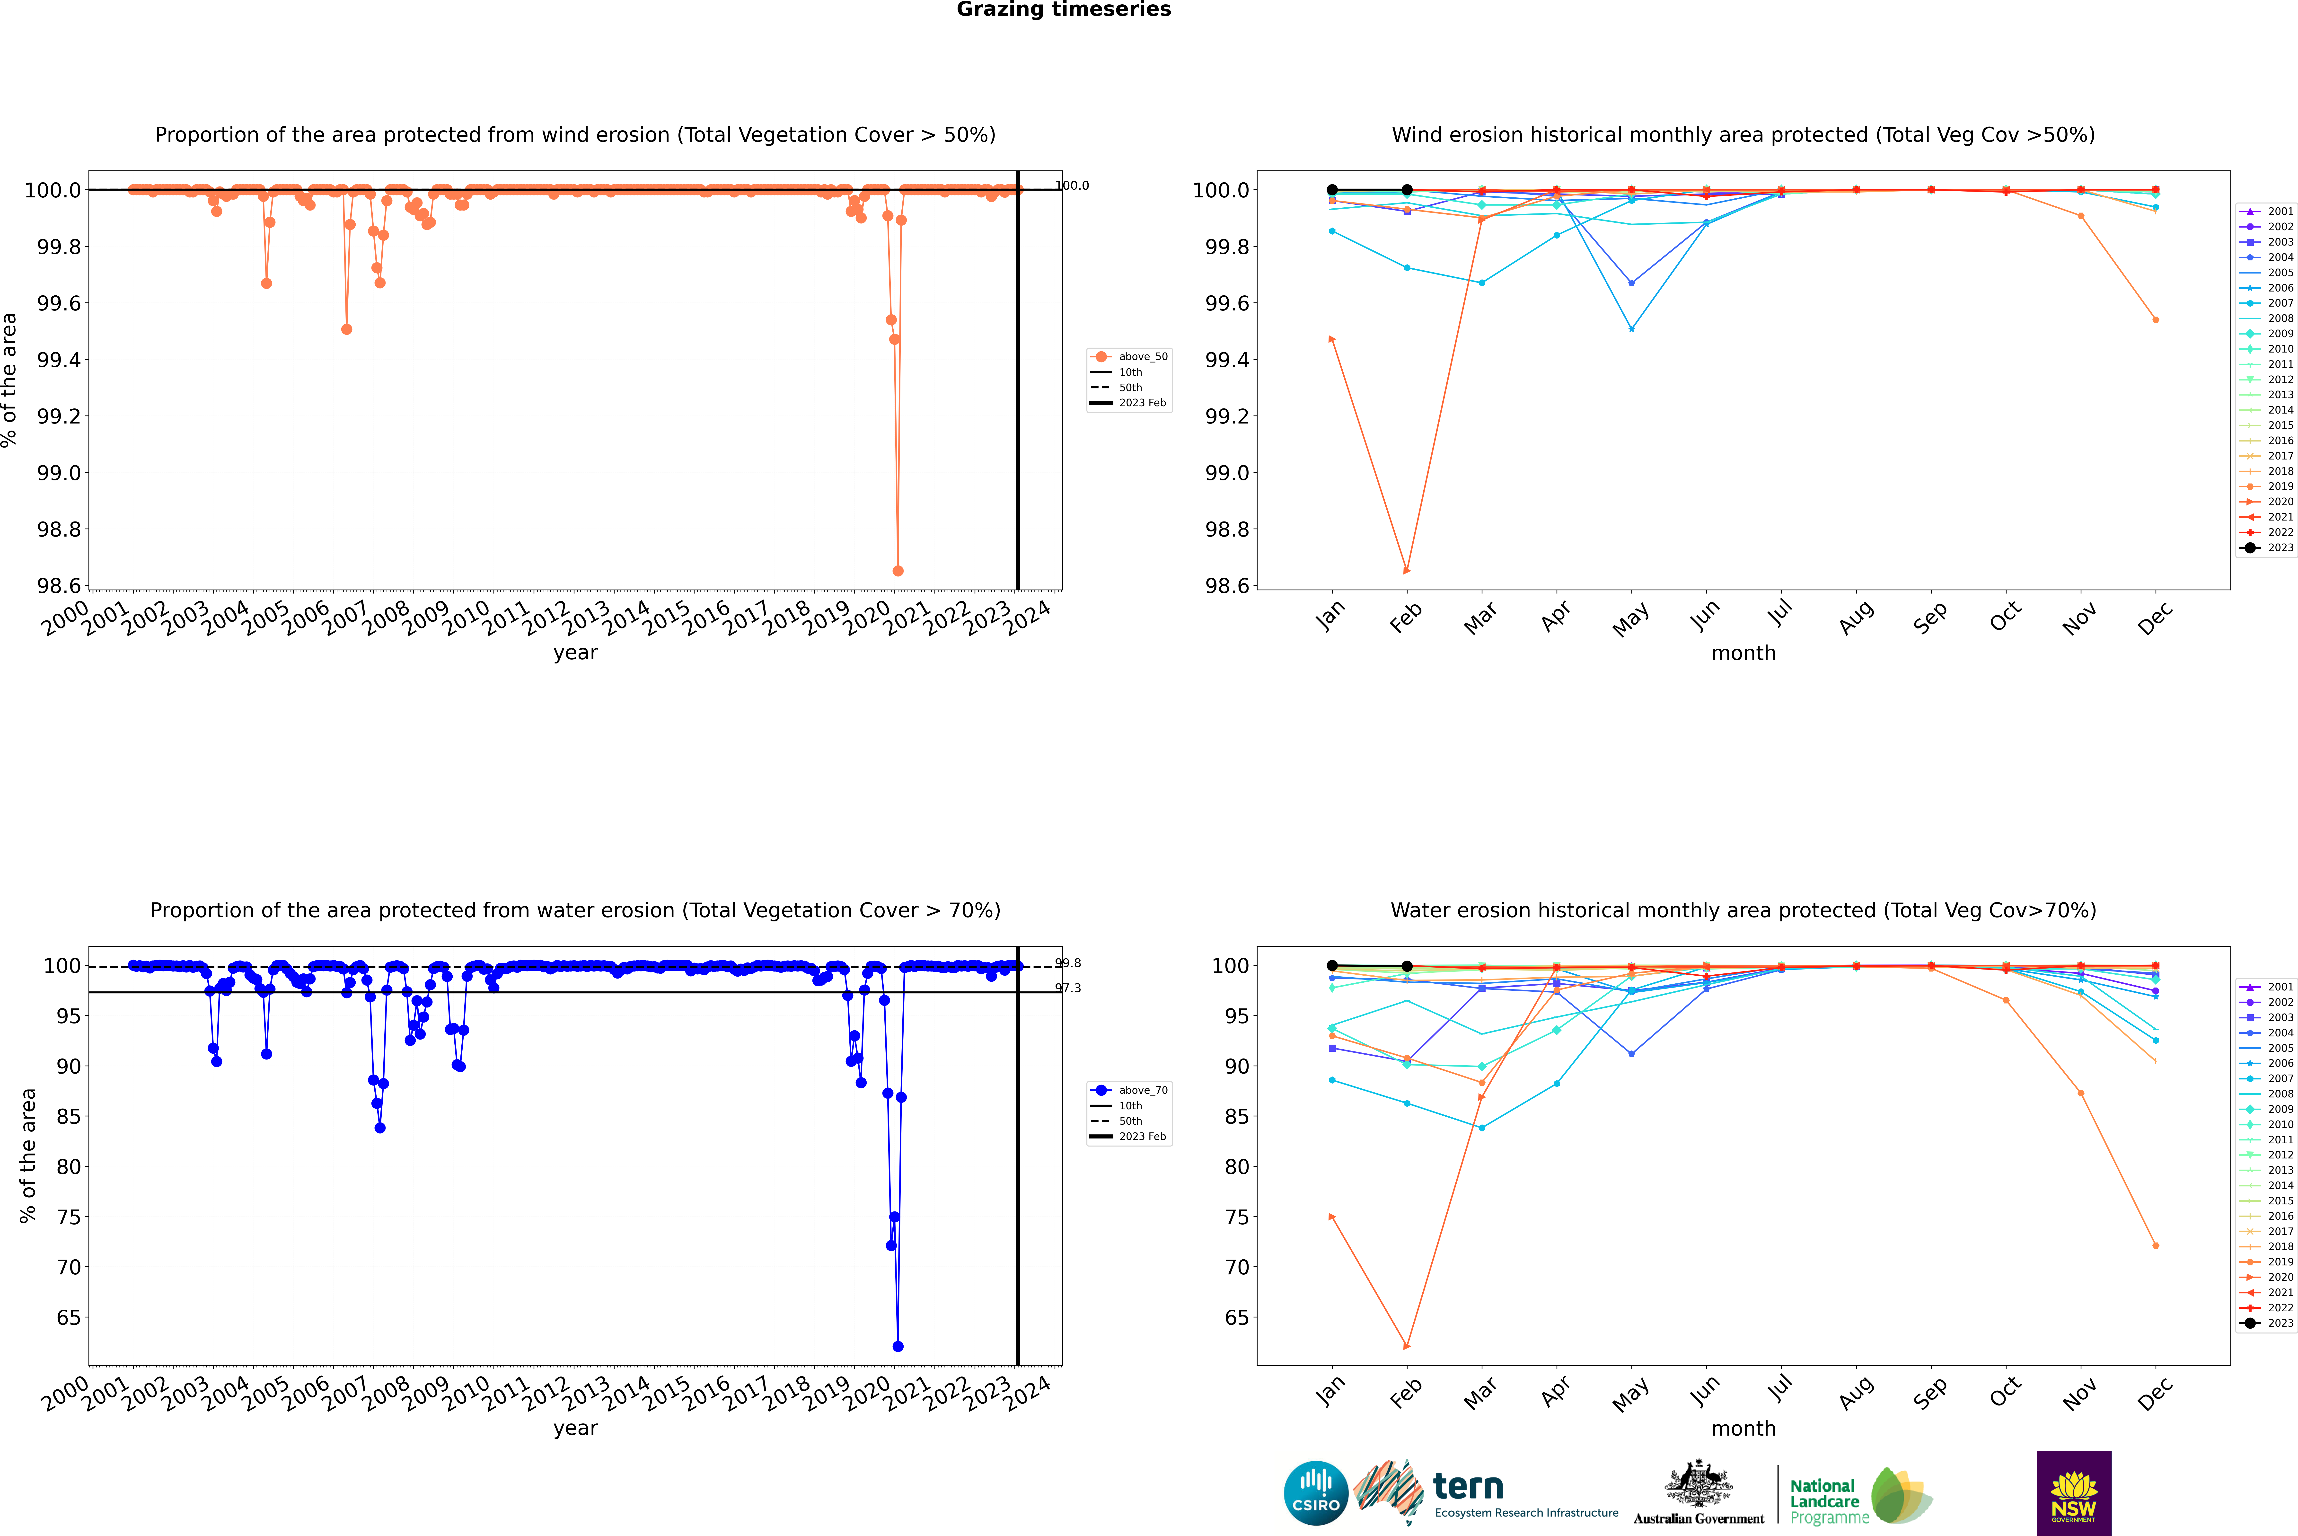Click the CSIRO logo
1316,1493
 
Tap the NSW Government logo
2074,1493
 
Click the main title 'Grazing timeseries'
1064,10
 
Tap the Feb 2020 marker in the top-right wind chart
1407,570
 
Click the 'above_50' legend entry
1142,357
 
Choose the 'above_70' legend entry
1142,1090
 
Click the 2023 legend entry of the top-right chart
2279,547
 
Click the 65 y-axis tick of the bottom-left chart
69,1317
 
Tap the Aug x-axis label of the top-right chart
1856,617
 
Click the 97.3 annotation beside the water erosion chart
1068,989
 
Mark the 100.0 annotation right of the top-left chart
1072,185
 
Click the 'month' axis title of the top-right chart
1743,653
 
